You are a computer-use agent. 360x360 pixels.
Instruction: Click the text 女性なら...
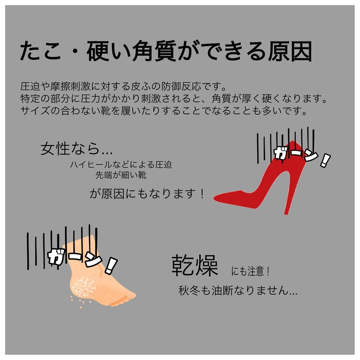click(x=76, y=149)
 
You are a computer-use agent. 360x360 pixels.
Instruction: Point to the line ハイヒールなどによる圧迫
click(x=121, y=165)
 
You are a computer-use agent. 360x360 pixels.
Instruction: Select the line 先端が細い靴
click(x=121, y=175)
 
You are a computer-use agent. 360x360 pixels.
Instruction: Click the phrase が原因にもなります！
click(x=147, y=194)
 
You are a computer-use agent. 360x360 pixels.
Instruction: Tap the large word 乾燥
click(x=195, y=266)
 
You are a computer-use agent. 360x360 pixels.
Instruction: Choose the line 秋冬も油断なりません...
click(x=238, y=291)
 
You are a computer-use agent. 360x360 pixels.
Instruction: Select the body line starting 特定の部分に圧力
click(x=174, y=99)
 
